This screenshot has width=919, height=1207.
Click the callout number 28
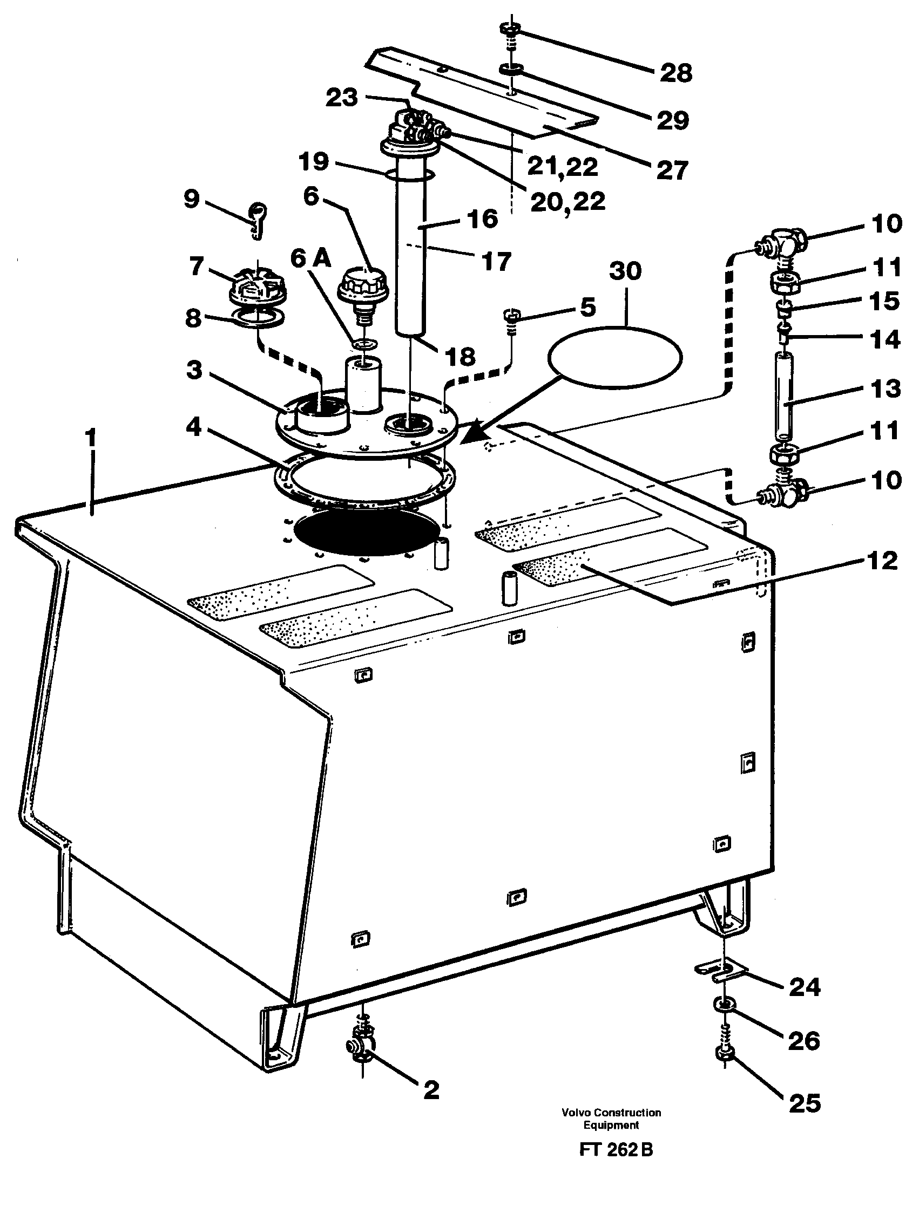pyautogui.click(x=676, y=73)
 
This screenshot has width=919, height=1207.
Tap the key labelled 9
pyautogui.click(x=256, y=220)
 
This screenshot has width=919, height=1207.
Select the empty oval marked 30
pyautogui.click(x=615, y=358)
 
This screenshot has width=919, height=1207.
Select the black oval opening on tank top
pyautogui.click(x=367, y=533)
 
